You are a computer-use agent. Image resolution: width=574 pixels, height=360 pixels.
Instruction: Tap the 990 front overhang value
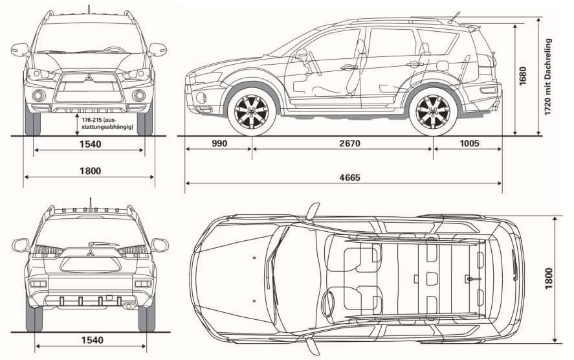pos(219,144)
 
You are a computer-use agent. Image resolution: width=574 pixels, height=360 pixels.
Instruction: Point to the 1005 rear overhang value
pos(468,144)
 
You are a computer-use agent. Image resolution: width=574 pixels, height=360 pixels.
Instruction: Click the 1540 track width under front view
pos(91,144)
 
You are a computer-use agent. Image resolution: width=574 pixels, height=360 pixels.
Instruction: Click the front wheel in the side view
pos(251,111)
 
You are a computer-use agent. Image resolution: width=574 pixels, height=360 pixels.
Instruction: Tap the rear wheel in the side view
pos(433,111)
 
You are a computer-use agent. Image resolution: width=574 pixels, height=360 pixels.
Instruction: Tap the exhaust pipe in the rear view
pos(130,306)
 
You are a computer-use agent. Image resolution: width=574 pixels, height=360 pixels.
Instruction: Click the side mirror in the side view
pos(301,55)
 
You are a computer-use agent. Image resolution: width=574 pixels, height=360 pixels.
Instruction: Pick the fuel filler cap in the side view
pos(443,65)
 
